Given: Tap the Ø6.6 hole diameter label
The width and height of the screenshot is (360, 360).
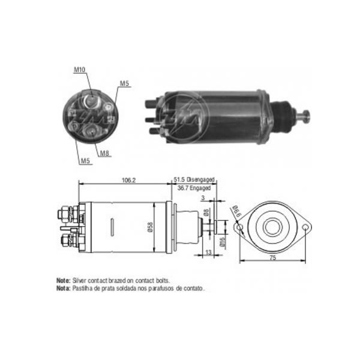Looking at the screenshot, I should (x=236, y=211).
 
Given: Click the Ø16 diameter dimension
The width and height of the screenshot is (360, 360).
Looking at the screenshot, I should (x=222, y=242).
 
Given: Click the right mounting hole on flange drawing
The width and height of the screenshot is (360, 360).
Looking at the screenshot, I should (x=307, y=228).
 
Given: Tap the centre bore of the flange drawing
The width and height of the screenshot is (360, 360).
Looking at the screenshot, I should (x=274, y=228).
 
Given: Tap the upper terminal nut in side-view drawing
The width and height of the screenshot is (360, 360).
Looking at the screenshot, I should (x=64, y=213).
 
